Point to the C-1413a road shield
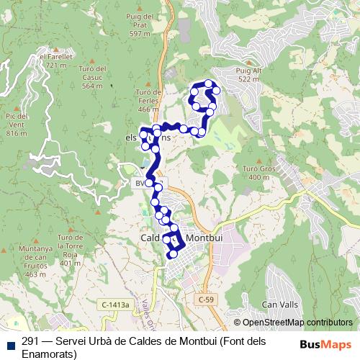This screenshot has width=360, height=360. tap(115, 305)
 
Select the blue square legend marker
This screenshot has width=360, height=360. tap(9, 341)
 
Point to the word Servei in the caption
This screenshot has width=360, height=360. tap(72, 341)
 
